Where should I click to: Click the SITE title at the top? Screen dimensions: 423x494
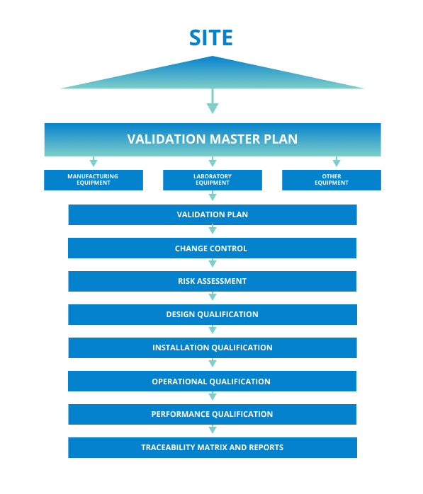tap(211, 38)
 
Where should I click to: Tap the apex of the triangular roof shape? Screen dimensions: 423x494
tap(213, 57)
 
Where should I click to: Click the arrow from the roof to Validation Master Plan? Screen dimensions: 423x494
tap(213, 100)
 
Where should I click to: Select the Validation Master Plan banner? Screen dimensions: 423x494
tap(213, 139)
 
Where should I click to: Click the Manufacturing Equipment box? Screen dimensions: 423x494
tap(94, 180)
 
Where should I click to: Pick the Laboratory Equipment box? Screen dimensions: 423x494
tap(213, 180)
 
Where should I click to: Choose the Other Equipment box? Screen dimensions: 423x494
tap(332, 180)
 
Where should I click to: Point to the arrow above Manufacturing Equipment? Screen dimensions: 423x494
tap(94, 161)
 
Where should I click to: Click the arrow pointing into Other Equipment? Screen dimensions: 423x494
tap(337, 161)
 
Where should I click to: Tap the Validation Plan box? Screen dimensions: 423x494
tap(213, 215)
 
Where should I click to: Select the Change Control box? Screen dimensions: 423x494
tap(213, 248)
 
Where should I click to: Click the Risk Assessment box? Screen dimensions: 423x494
tap(213, 282)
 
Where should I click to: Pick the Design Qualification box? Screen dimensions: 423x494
tap(213, 314)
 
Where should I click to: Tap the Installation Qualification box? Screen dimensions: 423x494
tap(213, 347)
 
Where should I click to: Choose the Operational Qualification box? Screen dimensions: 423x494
tap(213, 381)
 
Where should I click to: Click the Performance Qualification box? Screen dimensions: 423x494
tap(213, 414)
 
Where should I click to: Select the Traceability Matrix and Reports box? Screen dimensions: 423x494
tap(213, 448)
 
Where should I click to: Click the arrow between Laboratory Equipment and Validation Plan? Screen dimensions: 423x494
tap(213, 195)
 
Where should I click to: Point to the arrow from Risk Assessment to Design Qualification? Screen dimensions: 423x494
tap(213, 296)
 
